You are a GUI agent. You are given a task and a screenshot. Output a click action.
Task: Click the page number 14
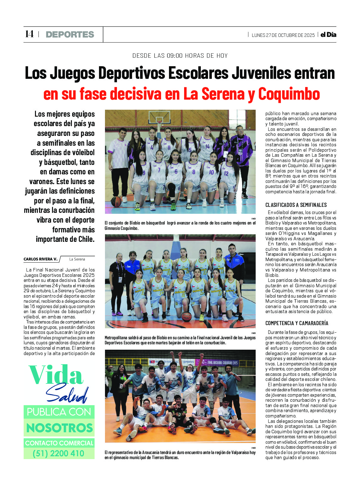click(29, 34)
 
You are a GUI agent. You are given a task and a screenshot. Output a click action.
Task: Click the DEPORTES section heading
click(70, 34)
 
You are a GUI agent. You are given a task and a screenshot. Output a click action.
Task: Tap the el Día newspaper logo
click(328, 35)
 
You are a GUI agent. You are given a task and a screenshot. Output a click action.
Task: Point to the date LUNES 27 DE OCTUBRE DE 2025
click(283, 35)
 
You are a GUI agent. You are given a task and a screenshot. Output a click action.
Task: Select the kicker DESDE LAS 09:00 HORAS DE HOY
click(180, 56)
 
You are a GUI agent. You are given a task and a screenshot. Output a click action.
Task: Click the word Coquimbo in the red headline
click(289, 94)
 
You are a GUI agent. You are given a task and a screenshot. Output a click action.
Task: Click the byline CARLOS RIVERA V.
click(41, 259)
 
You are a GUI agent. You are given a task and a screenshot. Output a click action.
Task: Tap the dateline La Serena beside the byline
click(77, 259)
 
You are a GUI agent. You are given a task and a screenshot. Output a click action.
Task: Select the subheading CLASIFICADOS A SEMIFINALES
click(296, 205)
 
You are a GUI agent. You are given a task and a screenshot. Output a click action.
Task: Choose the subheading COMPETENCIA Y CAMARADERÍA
click(297, 323)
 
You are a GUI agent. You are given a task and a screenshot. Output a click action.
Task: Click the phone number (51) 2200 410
click(59, 453)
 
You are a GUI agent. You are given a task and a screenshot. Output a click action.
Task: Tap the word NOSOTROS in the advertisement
click(60, 428)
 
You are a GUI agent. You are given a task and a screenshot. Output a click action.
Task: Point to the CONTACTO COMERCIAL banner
click(59, 443)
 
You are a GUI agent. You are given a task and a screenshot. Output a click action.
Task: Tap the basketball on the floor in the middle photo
click(187, 316)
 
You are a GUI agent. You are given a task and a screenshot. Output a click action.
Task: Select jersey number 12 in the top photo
click(226, 173)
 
